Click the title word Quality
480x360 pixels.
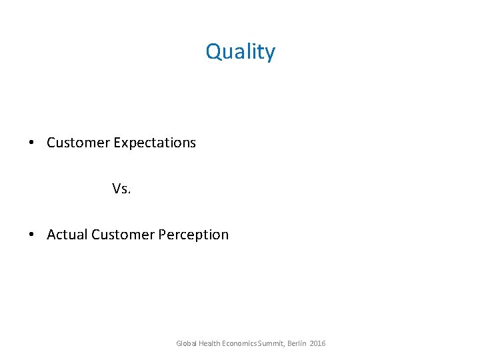coord(240,52)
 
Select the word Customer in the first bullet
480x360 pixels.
coord(78,143)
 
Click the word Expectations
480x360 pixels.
coord(155,143)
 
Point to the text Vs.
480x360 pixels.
coord(121,189)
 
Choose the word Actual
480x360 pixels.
coord(67,235)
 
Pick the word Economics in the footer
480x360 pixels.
coord(239,343)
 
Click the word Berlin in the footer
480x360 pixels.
coord(297,343)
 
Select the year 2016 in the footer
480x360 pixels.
coord(318,343)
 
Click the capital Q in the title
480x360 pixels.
coord(213,52)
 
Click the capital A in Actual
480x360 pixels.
coord(51,235)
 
